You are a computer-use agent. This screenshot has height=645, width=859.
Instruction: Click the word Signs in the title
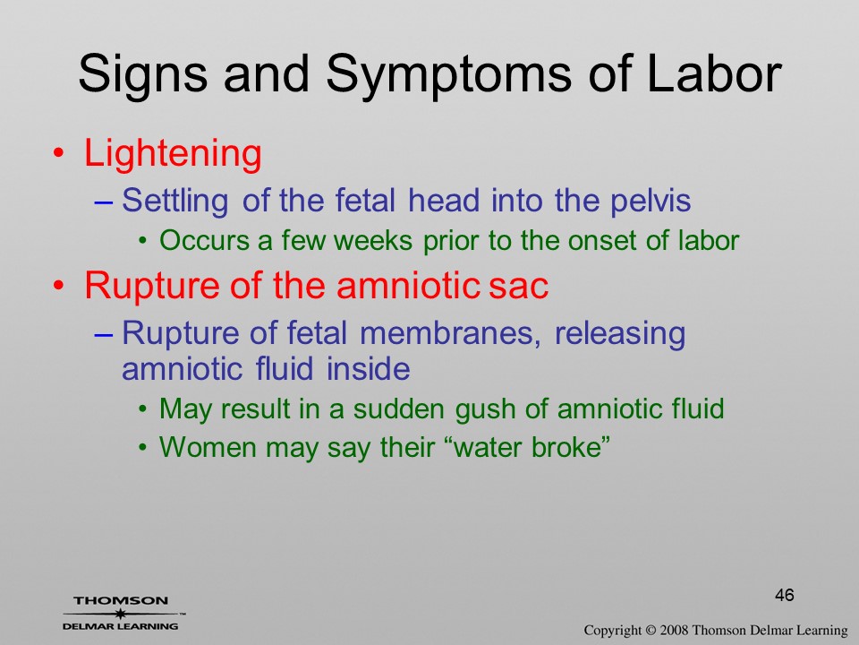point(143,75)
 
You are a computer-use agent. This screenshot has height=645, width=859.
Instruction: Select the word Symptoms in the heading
point(448,75)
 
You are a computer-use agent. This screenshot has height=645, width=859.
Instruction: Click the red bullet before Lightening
point(58,153)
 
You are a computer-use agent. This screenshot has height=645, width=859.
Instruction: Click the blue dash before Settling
point(104,202)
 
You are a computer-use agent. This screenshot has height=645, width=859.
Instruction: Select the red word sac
point(518,287)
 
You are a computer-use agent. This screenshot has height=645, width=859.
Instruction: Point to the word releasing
point(619,334)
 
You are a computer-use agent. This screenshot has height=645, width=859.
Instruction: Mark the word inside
point(368,368)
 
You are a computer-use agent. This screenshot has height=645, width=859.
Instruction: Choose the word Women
point(208,447)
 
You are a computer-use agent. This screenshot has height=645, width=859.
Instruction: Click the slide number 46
point(785,595)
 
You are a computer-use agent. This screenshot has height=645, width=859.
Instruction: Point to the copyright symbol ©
point(651,630)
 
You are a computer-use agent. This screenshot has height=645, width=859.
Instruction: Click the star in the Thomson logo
point(120,613)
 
